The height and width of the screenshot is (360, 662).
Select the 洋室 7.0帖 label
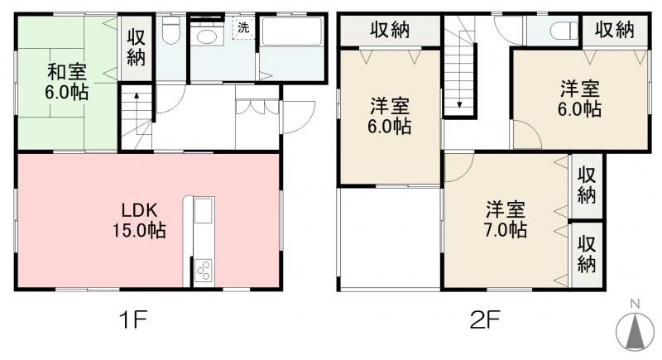(x=506, y=219)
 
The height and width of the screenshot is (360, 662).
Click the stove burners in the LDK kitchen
(x=203, y=270)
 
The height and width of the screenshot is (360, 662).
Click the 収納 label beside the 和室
(x=136, y=48)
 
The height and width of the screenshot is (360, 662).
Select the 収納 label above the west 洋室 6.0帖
(x=390, y=31)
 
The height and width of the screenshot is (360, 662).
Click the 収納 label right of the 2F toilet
(x=613, y=30)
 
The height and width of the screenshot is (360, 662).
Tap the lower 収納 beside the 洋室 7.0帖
(x=587, y=254)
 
